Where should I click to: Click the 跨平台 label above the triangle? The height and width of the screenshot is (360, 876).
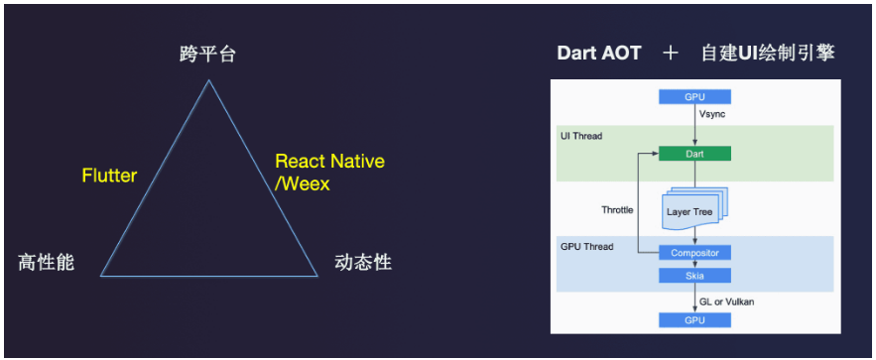207,55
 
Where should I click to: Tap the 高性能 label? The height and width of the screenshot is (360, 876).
46,263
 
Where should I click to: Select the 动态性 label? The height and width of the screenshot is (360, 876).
363,263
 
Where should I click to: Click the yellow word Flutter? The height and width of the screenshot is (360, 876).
109,176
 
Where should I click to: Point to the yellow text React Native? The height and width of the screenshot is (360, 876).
330,162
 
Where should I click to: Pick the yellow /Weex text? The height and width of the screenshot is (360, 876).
303,183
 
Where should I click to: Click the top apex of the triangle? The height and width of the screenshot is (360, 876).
209,80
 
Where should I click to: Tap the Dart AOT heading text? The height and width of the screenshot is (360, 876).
599,54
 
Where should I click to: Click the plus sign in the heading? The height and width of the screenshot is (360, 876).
670,54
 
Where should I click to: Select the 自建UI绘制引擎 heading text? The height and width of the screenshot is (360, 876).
768,54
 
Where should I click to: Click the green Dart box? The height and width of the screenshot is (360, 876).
694,153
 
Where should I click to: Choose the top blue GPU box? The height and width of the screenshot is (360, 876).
694,97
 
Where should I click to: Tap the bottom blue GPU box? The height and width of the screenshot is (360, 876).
694,319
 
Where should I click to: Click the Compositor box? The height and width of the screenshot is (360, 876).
694,253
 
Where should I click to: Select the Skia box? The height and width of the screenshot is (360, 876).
694,276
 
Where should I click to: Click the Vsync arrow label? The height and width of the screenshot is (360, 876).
711,114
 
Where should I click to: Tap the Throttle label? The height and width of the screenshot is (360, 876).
617,210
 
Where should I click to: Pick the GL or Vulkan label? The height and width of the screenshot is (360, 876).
726,301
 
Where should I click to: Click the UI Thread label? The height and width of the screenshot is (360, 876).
581,136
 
